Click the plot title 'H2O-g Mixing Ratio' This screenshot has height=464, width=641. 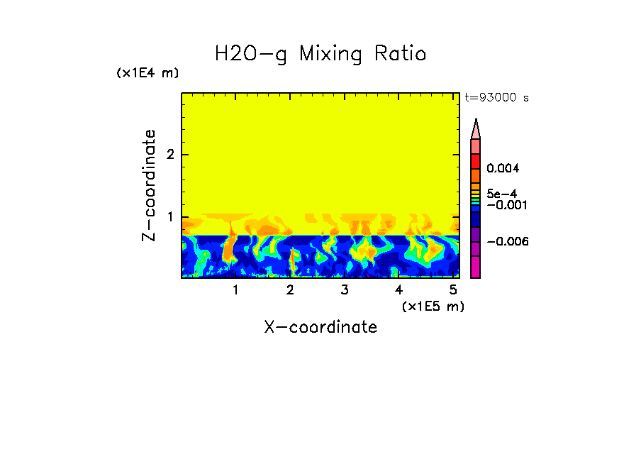[x=320, y=54]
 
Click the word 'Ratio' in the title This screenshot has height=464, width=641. [x=396, y=54]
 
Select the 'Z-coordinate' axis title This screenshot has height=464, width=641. [x=149, y=185]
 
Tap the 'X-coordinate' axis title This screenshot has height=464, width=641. [x=320, y=327]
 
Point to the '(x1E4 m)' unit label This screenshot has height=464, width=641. [x=147, y=73]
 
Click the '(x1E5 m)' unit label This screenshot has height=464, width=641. [x=433, y=306]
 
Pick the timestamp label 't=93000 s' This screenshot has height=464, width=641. [x=496, y=98]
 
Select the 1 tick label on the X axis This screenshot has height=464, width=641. [x=235, y=290]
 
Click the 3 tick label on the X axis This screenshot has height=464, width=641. [x=344, y=290]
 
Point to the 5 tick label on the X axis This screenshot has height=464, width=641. [x=452, y=290]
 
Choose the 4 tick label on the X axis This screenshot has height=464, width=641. [x=398, y=290]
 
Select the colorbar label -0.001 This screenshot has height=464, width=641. [x=506, y=205]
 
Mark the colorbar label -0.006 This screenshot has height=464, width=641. [x=508, y=242]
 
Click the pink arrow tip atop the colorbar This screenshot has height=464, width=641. [x=476, y=129]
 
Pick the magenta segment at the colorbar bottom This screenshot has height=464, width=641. [x=475, y=267]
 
